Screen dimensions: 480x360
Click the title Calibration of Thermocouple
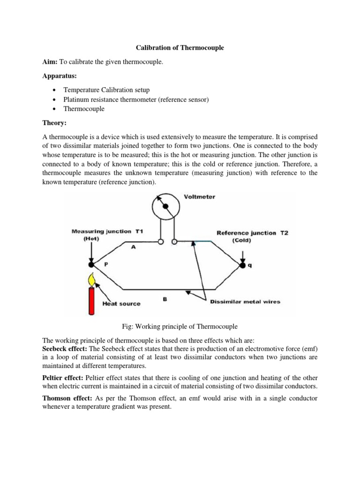180,48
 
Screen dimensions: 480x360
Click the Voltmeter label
200,197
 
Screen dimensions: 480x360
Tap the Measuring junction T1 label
106,232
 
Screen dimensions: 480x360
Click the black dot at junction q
243,266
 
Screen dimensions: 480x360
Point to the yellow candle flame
92,279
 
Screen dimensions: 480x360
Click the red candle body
92,300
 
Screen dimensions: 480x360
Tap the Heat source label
121,303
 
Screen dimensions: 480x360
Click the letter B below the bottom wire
165,298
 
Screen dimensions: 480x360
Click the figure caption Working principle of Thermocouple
180,326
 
